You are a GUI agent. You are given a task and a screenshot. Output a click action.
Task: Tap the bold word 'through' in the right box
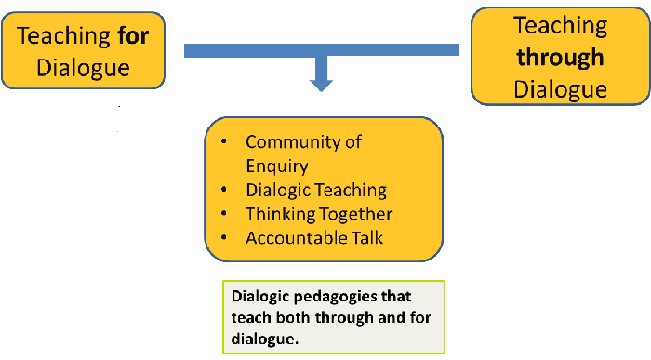[x=560, y=57]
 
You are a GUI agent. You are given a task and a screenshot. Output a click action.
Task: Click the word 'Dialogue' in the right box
[x=560, y=88]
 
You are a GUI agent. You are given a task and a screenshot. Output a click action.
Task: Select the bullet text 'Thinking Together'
[x=319, y=214]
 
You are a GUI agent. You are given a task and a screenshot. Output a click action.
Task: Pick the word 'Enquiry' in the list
[x=277, y=166]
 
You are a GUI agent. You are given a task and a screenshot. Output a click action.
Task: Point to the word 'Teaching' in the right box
[x=560, y=25]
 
